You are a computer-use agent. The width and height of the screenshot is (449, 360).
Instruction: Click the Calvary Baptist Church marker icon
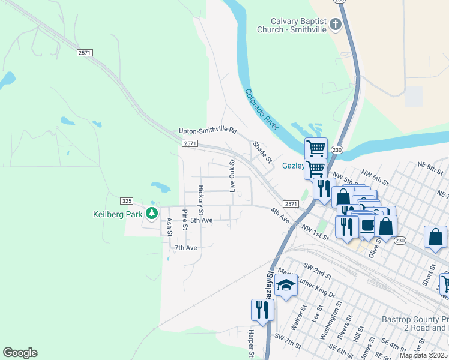click(336, 25)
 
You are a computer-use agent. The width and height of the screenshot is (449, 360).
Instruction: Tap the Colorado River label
click(262, 109)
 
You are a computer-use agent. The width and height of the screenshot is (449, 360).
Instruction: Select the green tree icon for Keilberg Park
click(152, 213)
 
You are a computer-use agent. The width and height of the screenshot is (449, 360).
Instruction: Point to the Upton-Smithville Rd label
click(208, 131)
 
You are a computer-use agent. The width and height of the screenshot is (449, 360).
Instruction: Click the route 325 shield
click(126, 200)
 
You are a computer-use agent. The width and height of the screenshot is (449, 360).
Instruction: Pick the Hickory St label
click(202, 200)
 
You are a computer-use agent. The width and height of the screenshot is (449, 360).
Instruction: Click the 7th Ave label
click(185, 247)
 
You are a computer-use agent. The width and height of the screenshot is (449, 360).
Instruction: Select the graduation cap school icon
click(286, 284)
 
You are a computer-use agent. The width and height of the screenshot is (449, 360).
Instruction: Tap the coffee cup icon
click(366, 225)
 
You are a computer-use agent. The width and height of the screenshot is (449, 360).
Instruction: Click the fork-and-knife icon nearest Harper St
click(262, 310)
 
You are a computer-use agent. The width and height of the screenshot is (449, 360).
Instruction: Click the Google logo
click(20, 353)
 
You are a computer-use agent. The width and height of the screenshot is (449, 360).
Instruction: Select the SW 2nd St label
click(318, 270)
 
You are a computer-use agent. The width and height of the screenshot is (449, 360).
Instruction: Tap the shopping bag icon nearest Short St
click(435, 237)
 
